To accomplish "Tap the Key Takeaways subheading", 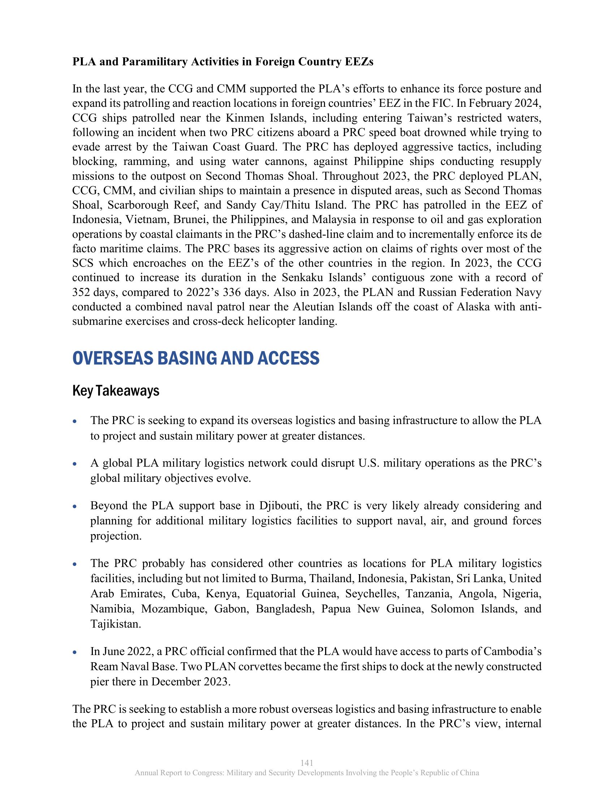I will [x=116, y=391].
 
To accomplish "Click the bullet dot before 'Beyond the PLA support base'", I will [x=74, y=506].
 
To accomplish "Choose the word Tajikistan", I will [x=115, y=624].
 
